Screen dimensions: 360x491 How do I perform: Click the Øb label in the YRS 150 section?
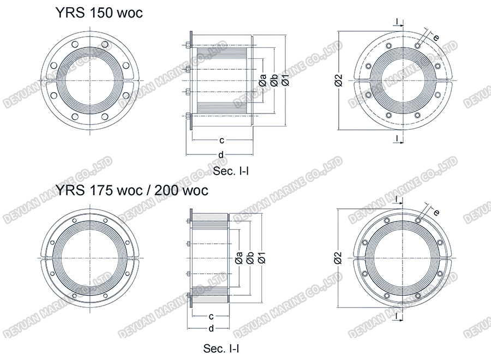point(274,80)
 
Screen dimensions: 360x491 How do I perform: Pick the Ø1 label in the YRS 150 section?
point(285,80)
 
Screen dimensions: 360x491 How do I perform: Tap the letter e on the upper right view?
point(436,37)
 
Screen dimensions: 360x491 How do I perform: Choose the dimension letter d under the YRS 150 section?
point(220,154)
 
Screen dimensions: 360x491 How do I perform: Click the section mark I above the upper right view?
point(397,22)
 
